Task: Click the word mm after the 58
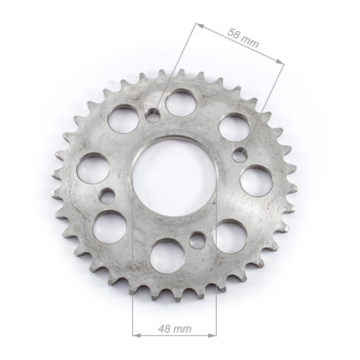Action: tap(251, 41)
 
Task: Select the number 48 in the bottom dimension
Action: tap(165, 328)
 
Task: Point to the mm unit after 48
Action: tap(183, 329)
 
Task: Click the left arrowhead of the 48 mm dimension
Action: tap(136, 335)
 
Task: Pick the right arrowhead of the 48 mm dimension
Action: tap(213, 335)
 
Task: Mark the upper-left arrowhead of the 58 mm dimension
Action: tap(200, 26)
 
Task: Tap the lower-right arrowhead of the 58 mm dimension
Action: tap(280, 61)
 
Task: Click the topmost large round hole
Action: tap(180, 103)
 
